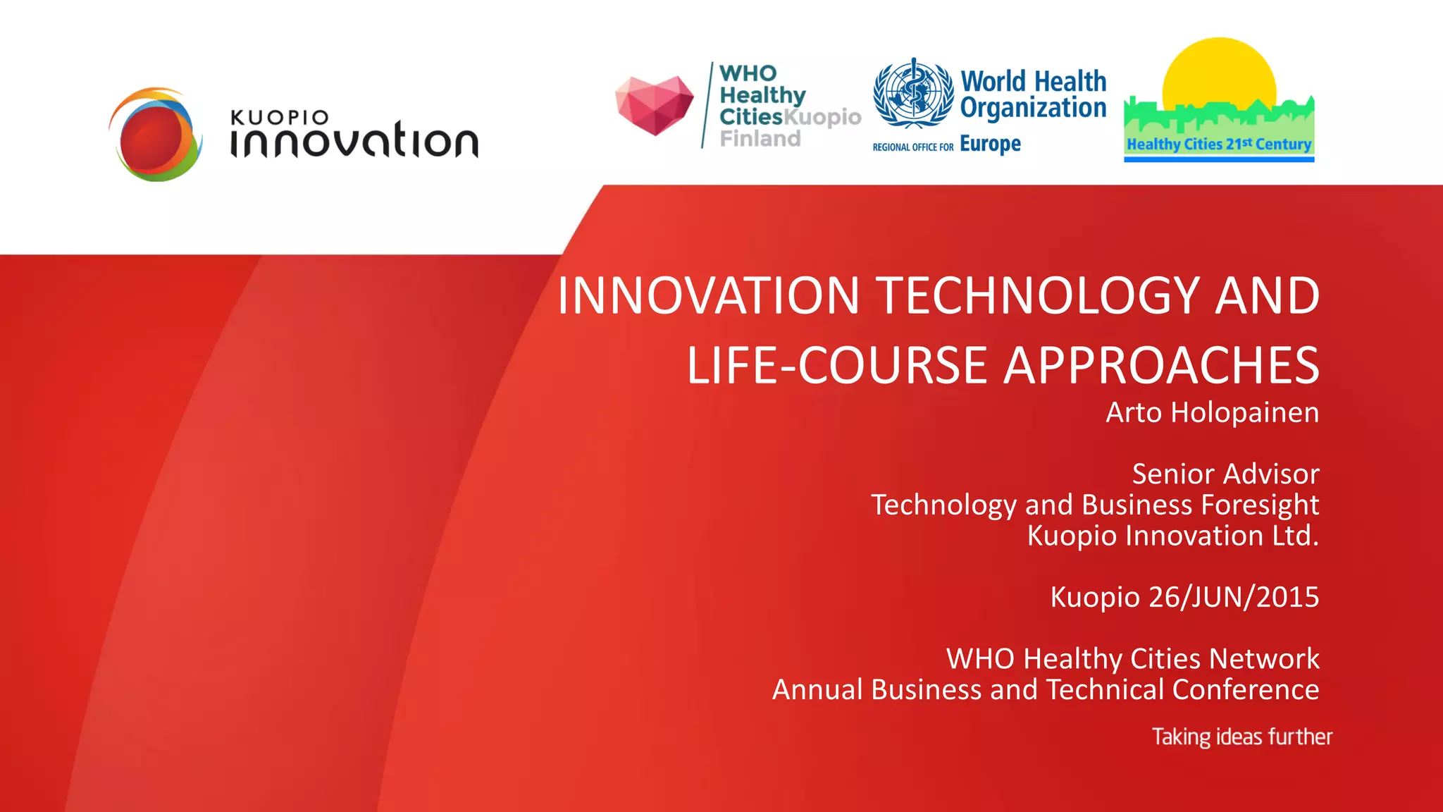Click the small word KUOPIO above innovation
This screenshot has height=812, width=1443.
[x=280, y=118]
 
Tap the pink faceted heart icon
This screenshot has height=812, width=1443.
[x=654, y=104]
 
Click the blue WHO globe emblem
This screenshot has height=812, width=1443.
[x=913, y=94]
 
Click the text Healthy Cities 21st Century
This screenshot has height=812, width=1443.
[x=1219, y=144]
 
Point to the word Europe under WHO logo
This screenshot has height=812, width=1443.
[x=990, y=144]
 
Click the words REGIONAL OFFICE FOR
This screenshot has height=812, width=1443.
[x=912, y=147]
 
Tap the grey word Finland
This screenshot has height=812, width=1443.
[x=760, y=139]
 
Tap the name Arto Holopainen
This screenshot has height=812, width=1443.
[x=1212, y=412]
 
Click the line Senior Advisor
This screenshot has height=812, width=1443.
[x=1225, y=474]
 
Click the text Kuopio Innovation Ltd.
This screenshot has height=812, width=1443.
[x=1172, y=536]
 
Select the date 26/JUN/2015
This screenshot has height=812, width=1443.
[x=1233, y=597]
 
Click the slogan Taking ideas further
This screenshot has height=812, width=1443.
[x=1241, y=737]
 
